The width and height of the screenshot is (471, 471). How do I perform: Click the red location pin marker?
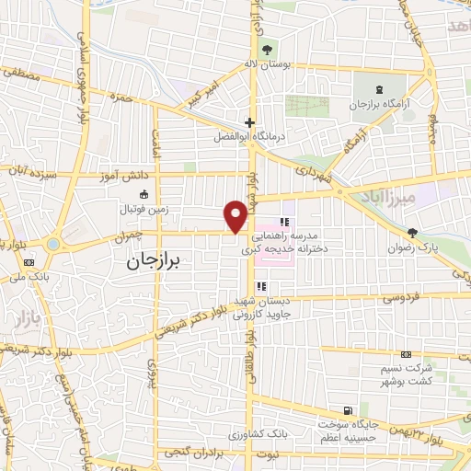tap(236, 215)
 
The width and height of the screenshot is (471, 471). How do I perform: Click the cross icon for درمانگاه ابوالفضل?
tap(249, 122)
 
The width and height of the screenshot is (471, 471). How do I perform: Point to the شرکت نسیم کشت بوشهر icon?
tap(406, 355)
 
